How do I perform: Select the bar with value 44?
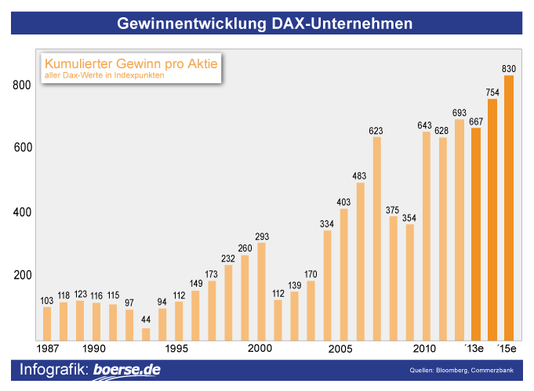click(x=146, y=334)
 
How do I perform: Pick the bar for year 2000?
click(x=261, y=291)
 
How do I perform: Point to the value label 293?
click(x=261, y=236)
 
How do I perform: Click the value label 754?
click(x=492, y=92)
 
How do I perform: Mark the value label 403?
click(x=343, y=202)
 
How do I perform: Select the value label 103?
click(x=47, y=300)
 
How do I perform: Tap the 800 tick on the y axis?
click(x=21, y=85)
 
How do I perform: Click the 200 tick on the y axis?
click(x=21, y=275)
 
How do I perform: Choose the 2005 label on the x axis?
click(x=341, y=348)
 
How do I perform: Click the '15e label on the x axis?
click(x=508, y=348)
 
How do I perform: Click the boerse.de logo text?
click(x=126, y=370)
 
